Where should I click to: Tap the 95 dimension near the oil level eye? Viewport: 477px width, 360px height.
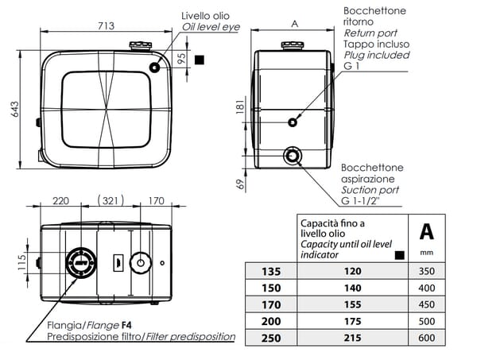(x=182, y=58)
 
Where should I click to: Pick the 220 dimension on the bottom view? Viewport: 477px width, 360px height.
(x=60, y=199)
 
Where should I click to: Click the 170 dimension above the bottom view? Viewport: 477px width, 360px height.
(x=156, y=199)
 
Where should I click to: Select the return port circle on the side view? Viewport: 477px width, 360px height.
(x=293, y=122)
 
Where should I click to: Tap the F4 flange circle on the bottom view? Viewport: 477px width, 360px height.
(x=80, y=261)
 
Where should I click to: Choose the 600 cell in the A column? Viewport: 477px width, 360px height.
(x=427, y=338)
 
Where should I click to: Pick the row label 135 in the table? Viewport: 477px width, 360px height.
(x=271, y=271)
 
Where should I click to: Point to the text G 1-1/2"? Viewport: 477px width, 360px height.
(x=363, y=202)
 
